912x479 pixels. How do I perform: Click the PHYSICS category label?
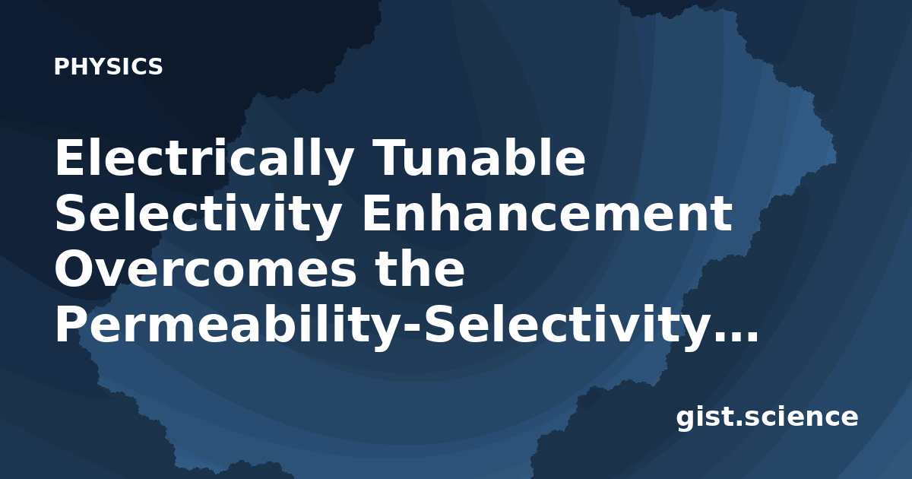108,66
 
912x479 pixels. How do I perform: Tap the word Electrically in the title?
204,160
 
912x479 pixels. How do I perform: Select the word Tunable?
481,157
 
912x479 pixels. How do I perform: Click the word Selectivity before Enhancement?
198,216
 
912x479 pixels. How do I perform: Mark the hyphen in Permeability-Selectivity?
412,329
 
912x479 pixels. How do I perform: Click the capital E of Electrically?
69,157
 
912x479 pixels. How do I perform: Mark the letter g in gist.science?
688,421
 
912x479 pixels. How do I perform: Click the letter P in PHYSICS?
61,66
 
